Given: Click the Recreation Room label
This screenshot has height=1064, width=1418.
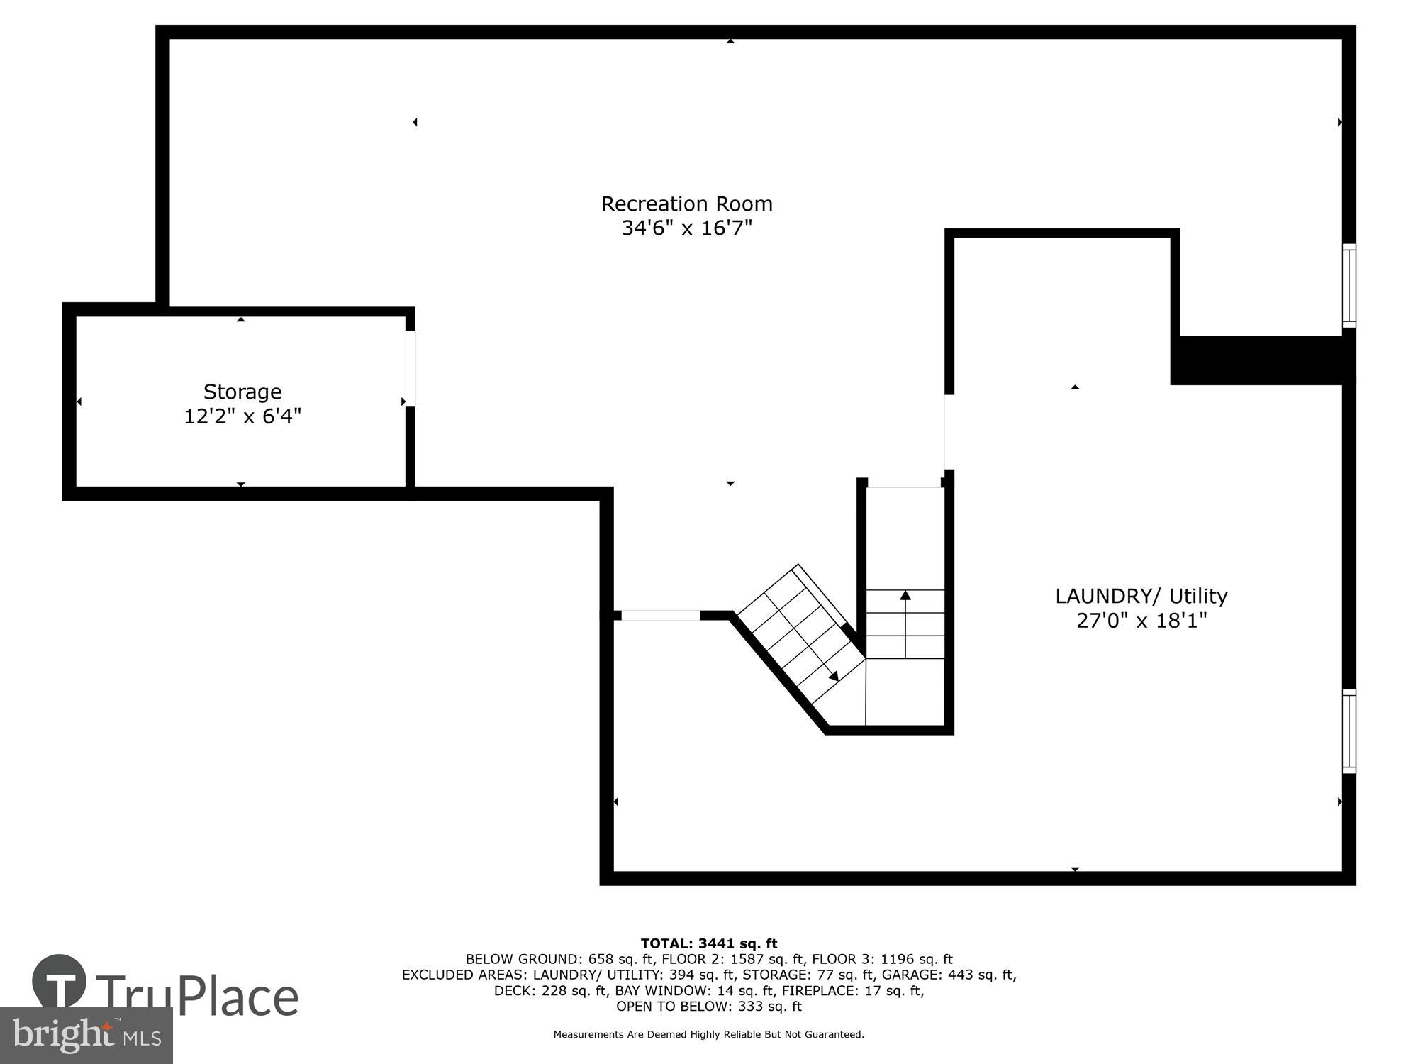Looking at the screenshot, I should (686, 204).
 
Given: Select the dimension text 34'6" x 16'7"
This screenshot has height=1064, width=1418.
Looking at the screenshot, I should (686, 228).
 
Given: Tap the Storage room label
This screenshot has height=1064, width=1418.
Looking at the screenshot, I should (242, 392).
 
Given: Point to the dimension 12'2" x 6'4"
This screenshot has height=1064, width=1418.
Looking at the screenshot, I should (242, 416).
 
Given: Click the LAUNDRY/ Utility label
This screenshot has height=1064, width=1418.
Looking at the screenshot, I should (1141, 596).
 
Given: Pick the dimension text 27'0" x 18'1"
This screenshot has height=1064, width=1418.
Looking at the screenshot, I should (1141, 621).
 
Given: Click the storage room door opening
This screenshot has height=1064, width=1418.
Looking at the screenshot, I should (411, 368).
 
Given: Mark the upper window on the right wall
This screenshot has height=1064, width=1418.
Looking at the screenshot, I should (1349, 286).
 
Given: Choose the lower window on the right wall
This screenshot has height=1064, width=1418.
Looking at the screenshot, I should (1349, 731).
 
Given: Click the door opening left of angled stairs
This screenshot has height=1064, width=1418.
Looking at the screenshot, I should (661, 615).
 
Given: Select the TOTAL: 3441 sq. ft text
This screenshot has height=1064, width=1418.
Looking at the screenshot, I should (709, 943).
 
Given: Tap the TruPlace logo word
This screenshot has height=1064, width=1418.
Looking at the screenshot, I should (197, 996).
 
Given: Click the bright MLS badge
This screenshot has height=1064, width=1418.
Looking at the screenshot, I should (86, 1036).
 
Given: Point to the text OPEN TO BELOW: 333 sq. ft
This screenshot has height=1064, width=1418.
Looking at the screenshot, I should (709, 1006).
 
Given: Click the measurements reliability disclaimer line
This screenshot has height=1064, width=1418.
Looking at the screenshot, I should (709, 1035).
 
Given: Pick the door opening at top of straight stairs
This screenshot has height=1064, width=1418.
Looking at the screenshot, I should (905, 484).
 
